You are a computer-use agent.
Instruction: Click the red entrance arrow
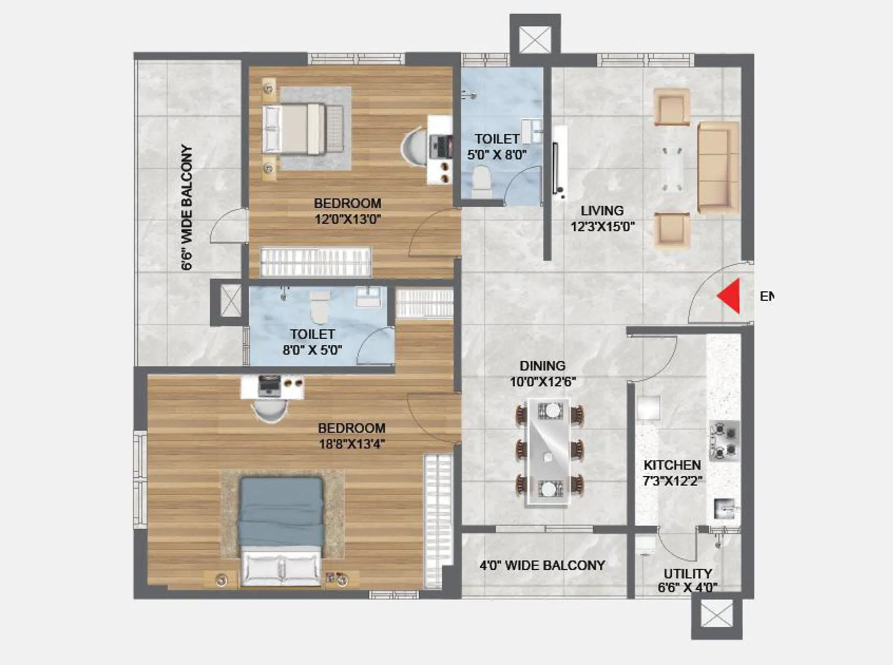point(729,296)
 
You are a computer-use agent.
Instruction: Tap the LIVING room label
point(602,211)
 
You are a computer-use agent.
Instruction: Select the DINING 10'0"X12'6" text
point(542,374)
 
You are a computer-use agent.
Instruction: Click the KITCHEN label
point(672,465)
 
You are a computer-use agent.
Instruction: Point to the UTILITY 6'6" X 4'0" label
point(687,580)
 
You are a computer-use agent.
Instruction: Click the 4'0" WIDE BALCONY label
point(542,565)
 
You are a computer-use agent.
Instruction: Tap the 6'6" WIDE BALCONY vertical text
point(187,208)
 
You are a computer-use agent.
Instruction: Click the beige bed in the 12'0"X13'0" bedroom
point(302,129)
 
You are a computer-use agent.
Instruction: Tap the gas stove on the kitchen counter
point(724,440)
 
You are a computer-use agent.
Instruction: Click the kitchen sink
point(725,509)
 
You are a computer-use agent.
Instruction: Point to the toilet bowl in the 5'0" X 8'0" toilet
point(481,179)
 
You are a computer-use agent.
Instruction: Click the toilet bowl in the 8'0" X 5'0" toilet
point(319,309)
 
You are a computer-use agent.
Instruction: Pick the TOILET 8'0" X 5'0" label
point(312,341)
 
